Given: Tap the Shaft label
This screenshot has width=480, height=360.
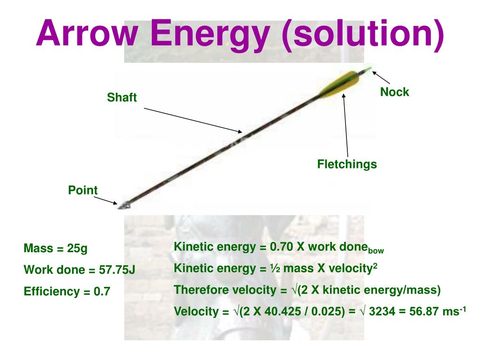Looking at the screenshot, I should [x=122, y=97].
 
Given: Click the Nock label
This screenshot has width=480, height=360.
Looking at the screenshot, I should [x=394, y=92].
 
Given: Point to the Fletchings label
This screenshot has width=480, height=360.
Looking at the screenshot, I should [x=347, y=165].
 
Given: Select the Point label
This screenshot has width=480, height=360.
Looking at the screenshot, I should [x=83, y=190].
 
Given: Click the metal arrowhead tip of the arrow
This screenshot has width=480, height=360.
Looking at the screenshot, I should [x=125, y=205].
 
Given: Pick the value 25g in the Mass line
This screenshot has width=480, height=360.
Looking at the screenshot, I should [x=77, y=248].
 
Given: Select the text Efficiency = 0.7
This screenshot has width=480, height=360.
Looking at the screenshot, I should [x=67, y=292].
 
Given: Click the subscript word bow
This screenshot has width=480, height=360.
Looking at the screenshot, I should [x=376, y=251].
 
